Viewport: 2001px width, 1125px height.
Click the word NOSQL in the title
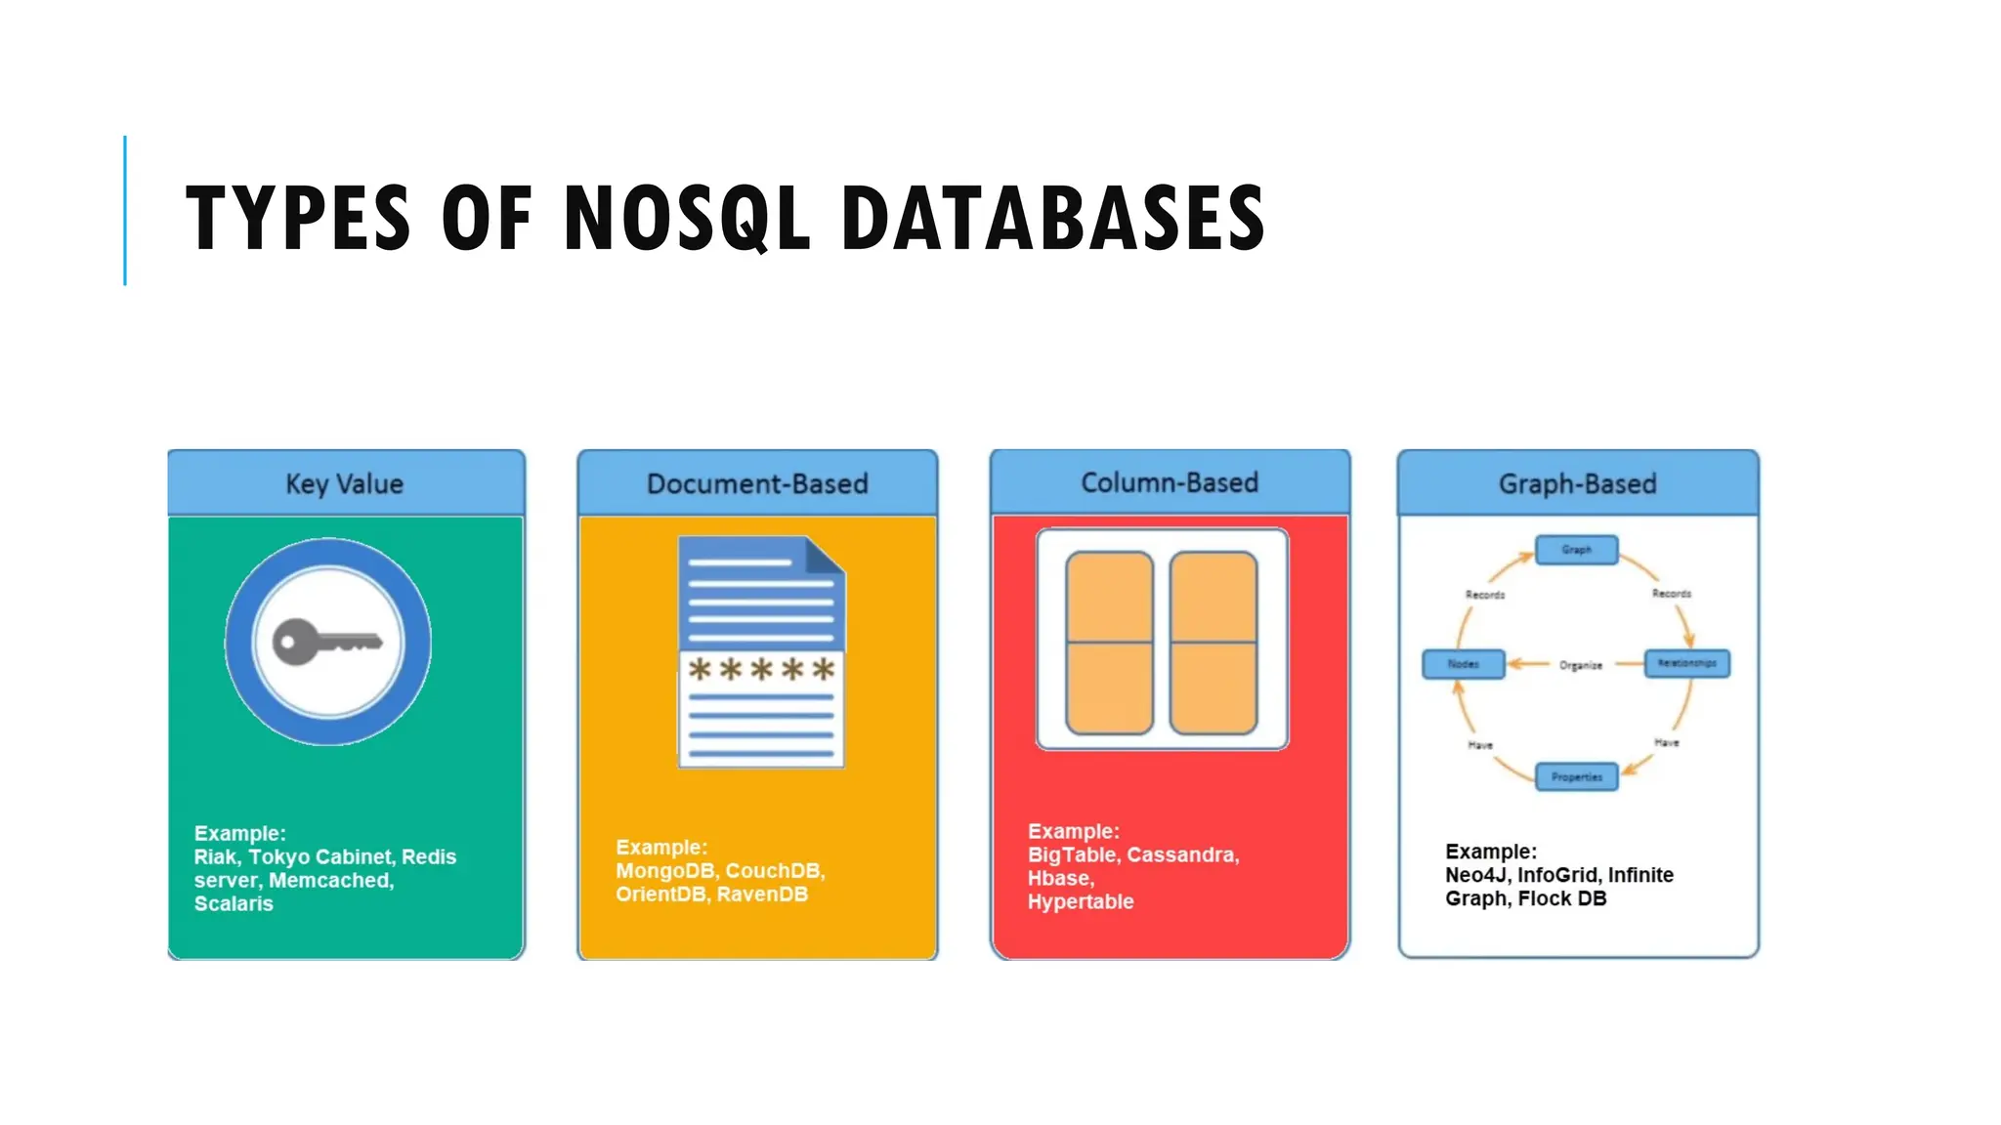pyautogui.click(x=687, y=218)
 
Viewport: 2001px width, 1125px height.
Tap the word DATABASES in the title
pyautogui.click(x=1052, y=218)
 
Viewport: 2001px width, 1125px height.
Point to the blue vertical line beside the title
pyautogui.click(x=125, y=210)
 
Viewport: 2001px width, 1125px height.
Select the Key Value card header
pyautogui.click(x=345, y=483)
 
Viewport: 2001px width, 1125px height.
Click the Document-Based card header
pyautogui.click(x=757, y=483)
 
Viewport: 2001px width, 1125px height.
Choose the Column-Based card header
pyautogui.click(x=1170, y=482)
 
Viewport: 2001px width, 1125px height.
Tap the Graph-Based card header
pyautogui.click(x=1577, y=483)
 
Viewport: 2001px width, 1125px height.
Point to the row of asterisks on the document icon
pyautogui.click(x=761, y=670)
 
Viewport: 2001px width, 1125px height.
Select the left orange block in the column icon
pyautogui.click(x=1109, y=643)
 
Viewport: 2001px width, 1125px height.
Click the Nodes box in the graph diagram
pyautogui.click(x=1463, y=664)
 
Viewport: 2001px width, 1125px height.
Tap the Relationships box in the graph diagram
pyautogui.click(x=1686, y=663)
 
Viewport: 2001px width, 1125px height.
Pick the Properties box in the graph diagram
pyautogui.click(x=1576, y=777)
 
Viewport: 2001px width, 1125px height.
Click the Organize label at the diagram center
pyautogui.click(x=1580, y=665)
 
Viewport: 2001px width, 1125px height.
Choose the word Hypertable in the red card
pyautogui.click(x=1080, y=902)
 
